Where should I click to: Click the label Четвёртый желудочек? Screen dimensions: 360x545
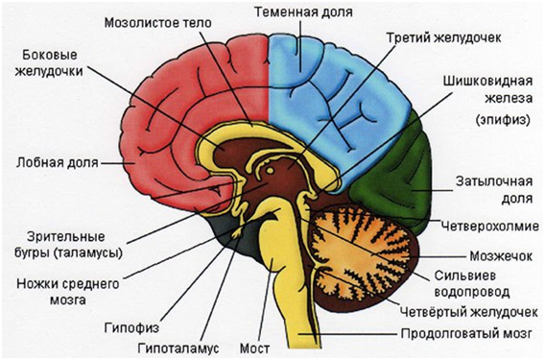tap(471, 311)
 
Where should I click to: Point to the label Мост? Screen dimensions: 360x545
tap(279, 343)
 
